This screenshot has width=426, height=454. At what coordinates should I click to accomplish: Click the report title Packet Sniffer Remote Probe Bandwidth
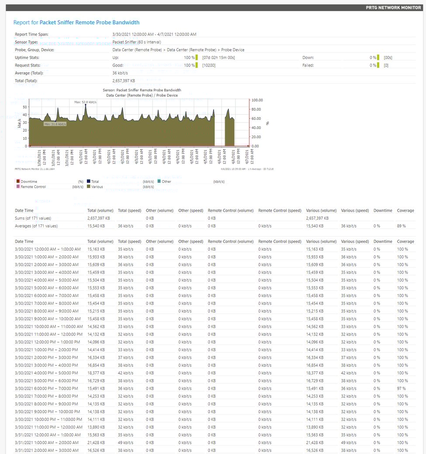pos(90,22)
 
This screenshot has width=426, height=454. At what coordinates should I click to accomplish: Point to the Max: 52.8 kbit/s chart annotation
pos(86,102)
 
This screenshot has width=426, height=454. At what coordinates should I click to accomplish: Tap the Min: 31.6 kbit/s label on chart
pos(55,124)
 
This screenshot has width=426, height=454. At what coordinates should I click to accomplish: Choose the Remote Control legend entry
pos(33,187)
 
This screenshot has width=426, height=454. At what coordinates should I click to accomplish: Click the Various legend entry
pos(97,187)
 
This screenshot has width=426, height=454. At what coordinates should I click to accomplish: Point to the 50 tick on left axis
pos(24,107)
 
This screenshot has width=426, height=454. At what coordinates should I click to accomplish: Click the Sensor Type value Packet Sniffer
pos(137,42)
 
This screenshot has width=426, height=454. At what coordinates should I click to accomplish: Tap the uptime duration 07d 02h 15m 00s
pos(219,58)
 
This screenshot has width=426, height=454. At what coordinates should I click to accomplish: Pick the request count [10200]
pos(209,66)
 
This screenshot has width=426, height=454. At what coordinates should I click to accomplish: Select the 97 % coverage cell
pos(401,388)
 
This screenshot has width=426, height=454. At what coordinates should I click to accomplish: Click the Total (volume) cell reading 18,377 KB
pos(96,373)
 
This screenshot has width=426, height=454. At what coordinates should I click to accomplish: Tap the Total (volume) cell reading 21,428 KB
pos(96,443)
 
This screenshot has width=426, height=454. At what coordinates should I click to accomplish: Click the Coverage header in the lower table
pos(405,241)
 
